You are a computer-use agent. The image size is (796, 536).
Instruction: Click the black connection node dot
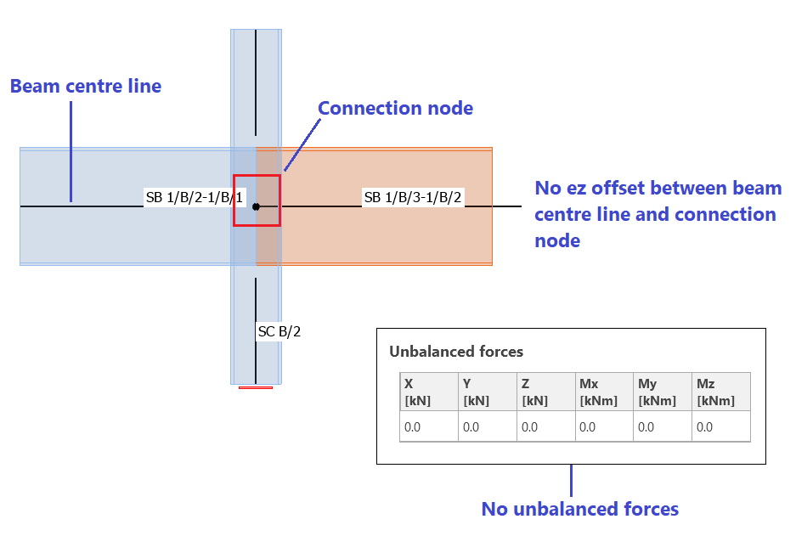[256, 206]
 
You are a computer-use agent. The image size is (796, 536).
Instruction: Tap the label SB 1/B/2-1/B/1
[195, 199]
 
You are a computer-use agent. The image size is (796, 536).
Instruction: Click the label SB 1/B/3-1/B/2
[413, 198]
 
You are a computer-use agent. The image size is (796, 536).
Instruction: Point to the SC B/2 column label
[279, 331]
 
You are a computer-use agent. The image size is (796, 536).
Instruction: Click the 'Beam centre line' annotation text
[86, 86]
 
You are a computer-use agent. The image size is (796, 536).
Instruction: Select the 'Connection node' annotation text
[395, 108]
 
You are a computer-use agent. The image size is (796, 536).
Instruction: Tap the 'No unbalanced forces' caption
[579, 509]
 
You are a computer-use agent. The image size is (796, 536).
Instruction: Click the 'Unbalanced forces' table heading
[456, 351]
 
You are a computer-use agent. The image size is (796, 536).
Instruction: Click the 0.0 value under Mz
[705, 427]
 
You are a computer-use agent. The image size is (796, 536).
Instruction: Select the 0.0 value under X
[413, 427]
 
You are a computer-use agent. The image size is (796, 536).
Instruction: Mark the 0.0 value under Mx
[588, 427]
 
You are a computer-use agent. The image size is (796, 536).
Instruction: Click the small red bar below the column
[256, 387]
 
